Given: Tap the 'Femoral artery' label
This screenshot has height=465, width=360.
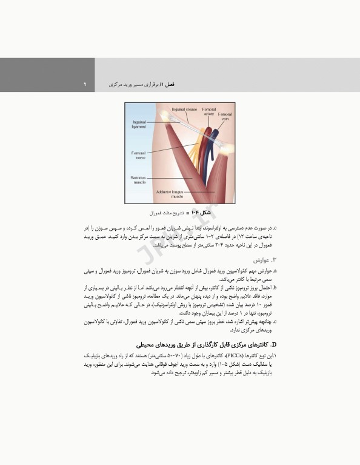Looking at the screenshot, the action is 208,111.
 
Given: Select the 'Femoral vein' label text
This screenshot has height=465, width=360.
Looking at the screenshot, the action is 225,116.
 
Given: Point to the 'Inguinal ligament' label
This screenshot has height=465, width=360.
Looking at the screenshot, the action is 139,124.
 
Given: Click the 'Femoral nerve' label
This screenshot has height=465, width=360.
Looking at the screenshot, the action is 139,156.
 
